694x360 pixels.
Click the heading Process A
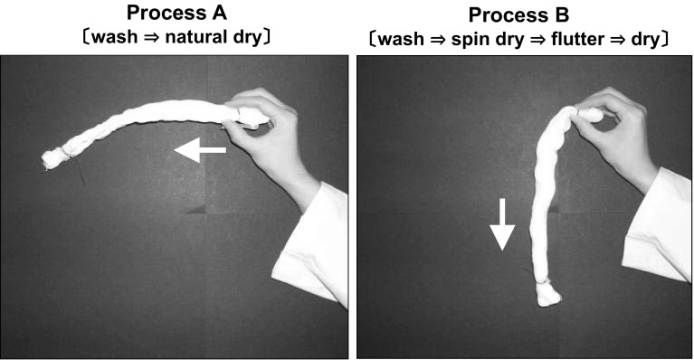coord(176,13)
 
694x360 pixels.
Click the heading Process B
coord(518,15)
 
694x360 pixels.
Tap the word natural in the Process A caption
coord(195,37)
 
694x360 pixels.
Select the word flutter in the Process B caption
coord(577,40)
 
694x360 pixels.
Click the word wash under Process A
coord(115,37)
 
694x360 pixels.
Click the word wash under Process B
coord(403,40)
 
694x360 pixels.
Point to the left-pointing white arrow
coord(200,150)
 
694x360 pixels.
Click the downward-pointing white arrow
coord(502,224)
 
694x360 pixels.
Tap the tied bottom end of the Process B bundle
coord(548,295)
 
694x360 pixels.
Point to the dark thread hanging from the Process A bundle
coord(81,172)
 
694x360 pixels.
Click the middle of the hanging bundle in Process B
coord(541,199)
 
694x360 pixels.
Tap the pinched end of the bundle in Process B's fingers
coord(590,115)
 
